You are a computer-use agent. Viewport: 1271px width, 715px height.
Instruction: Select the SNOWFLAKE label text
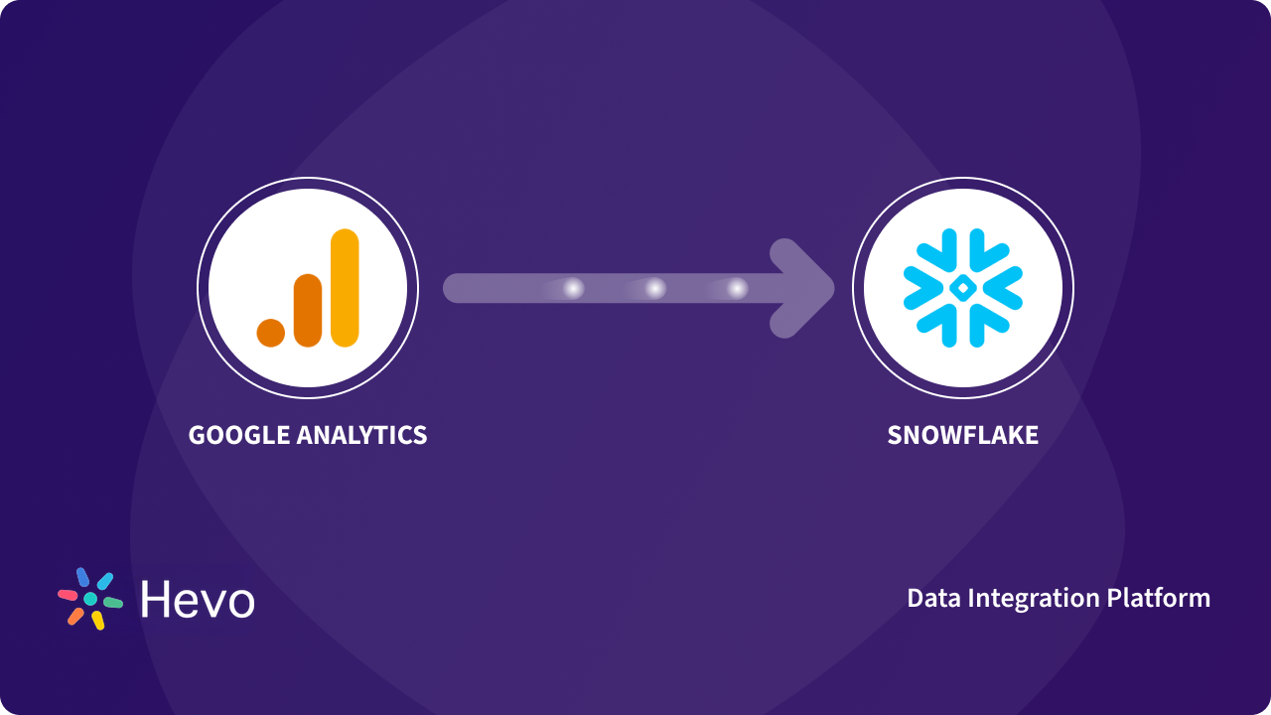point(962,435)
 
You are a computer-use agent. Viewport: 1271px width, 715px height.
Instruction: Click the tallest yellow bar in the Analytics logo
point(345,288)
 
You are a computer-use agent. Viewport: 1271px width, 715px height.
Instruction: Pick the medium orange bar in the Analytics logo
point(308,310)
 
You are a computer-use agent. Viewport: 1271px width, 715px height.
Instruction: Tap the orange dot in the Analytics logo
point(271,333)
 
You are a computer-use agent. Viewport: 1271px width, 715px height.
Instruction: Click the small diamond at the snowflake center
point(962,288)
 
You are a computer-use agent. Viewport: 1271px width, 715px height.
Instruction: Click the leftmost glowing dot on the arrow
point(573,289)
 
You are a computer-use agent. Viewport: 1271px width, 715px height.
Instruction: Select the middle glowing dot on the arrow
point(655,289)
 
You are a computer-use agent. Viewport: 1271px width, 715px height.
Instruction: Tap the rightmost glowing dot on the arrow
point(737,289)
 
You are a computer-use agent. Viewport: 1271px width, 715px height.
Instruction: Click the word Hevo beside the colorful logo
point(198,600)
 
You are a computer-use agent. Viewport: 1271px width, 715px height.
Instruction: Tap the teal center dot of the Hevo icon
point(90,599)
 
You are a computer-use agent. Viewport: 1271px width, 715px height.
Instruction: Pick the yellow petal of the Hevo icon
point(98,621)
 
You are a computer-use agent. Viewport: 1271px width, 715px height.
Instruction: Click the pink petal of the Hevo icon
point(68,595)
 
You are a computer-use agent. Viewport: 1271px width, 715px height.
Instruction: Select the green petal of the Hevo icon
point(113,603)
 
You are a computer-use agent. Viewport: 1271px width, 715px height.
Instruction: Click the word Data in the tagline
point(932,598)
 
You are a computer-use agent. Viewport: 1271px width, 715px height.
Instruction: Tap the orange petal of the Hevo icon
point(75,616)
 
